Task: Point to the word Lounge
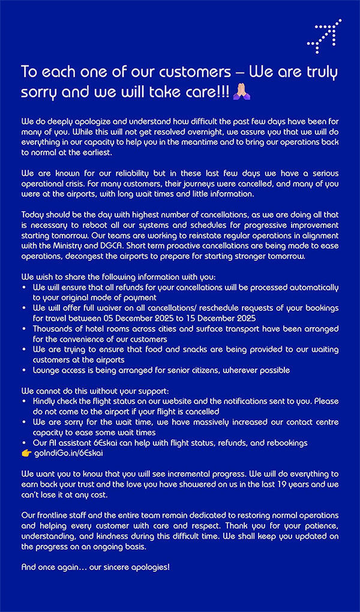(47, 370)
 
